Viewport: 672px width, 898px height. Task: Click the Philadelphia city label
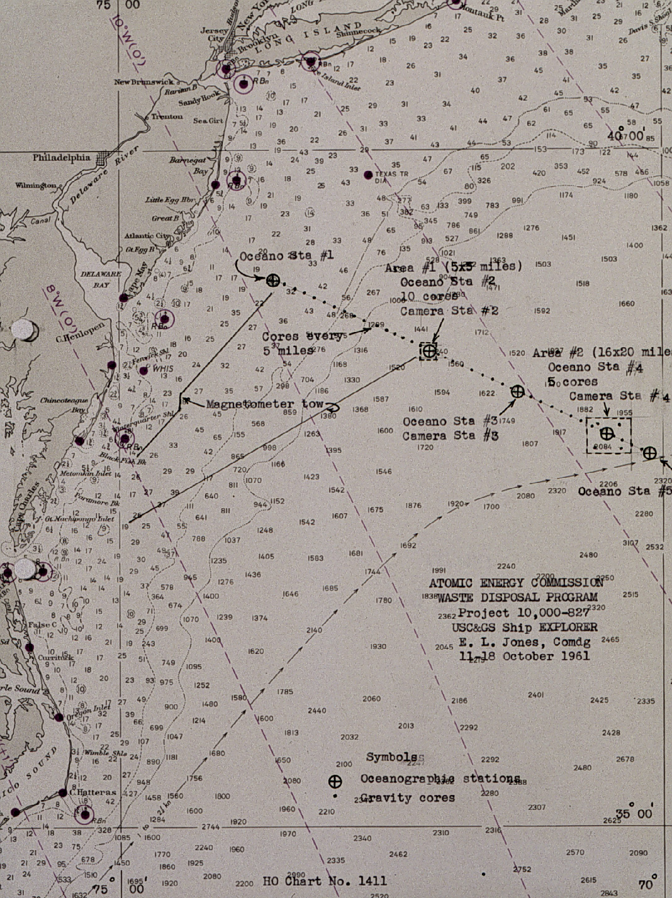click(62, 157)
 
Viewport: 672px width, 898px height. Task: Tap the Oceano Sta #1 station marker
click(273, 280)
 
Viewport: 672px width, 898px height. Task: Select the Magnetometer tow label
click(265, 404)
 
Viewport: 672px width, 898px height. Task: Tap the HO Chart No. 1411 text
click(325, 880)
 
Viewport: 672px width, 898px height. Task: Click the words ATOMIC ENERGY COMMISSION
click(513, 583)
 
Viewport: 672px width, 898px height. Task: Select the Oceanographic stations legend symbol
click(335, 782)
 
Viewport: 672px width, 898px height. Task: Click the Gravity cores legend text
click(407, 797)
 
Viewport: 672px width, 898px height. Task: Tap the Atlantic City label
click(147, 236)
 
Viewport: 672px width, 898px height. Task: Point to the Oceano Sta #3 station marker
click(517, 392)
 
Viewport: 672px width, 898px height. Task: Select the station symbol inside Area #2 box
click(607, 433)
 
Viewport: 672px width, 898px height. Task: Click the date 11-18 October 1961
click(525, 655)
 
